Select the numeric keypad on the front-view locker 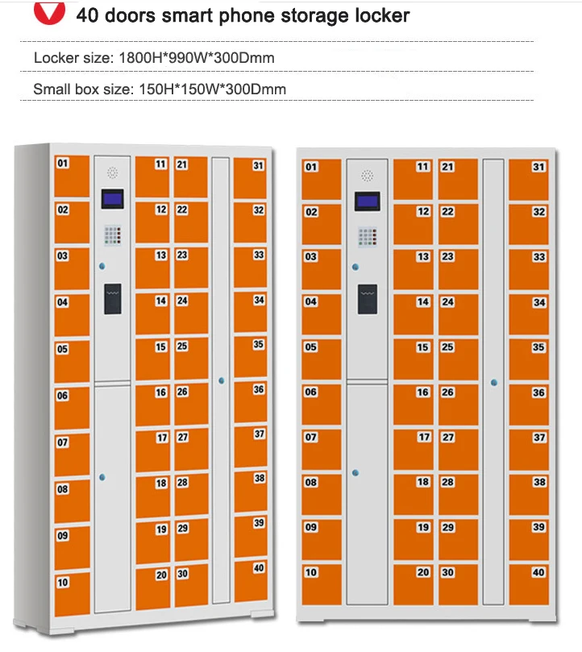click(368, 237)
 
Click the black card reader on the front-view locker click(368, 299)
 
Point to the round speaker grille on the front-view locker click(368, 175)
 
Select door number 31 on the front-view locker click(528, 176)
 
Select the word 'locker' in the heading click(378, 15)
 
